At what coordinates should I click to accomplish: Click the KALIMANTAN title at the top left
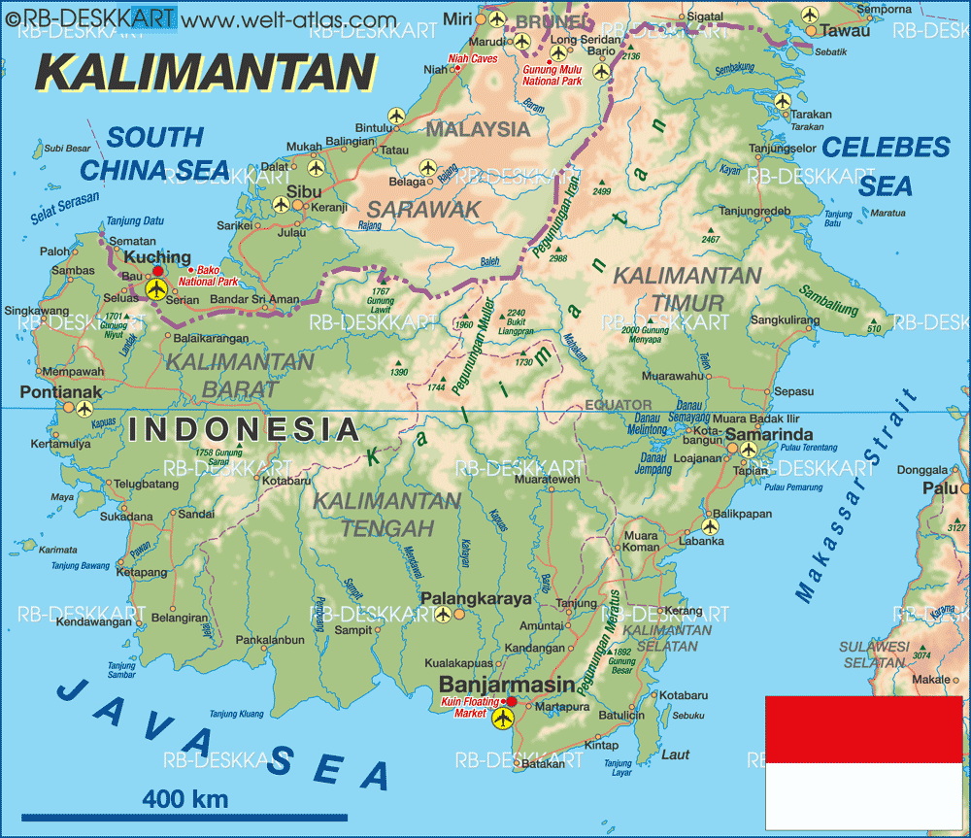coord(205,73)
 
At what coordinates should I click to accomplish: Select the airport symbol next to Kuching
coord(156,288)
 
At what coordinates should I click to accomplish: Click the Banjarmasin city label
coord(508,684)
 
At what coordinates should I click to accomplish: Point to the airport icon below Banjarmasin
coord(502,719)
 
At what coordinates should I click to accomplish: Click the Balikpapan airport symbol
coord(710,526)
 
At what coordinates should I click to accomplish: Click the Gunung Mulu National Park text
coord(552,76)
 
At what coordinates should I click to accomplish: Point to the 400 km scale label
coord(185,799)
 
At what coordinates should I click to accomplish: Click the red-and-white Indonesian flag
coord(863,762)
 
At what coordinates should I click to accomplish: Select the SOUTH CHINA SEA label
coord(155,153)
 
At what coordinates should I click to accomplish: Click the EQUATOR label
coord(618,403)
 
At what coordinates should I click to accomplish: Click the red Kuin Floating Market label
coord(477,706)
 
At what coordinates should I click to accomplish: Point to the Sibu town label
coord(305,191)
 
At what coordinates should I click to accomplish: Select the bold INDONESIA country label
coord(243,429)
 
